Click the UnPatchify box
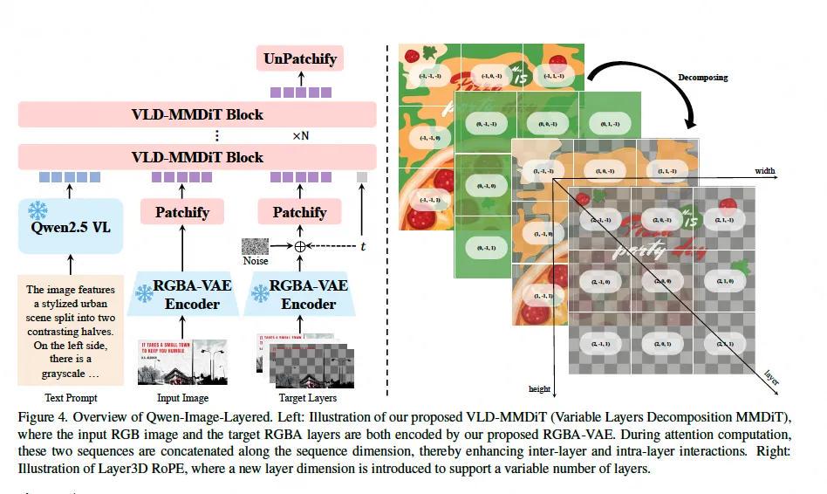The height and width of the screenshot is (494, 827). pyautogui.click(x=300, y=59)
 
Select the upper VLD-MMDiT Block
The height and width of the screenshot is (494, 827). pyautogui.click(x=197, y=114)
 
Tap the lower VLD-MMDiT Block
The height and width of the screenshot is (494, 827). pyautogui.click(x=197, y=157)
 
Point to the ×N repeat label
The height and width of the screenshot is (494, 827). pyautogui.click(x=300, y=136)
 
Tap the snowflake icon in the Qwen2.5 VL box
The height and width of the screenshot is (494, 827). pyautogui.click(x=38, y=210)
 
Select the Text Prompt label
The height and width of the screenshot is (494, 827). pyautogui.click(x=71, y=397)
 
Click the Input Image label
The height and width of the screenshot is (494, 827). pyautogui.click(x=182, y=397)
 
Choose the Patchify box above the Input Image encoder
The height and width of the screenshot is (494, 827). pyautogui.click(x=181, y=212)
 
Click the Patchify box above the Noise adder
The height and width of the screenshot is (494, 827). pyautogui.click(x=299, y=212)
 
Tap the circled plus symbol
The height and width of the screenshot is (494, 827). pyautogui.click(x=300, y=246)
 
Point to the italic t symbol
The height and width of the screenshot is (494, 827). pyautogui.click(x=363, y=247)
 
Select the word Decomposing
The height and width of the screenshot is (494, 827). pyautogui.click(x=702, y=78)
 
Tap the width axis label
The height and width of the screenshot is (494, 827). pyautogui.click(x=764, y=171)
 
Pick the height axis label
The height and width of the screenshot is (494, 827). pyautogui.click(x=540, y=388)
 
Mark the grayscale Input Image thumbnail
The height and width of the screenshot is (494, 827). pyautogui.click(x=182, y=361)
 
